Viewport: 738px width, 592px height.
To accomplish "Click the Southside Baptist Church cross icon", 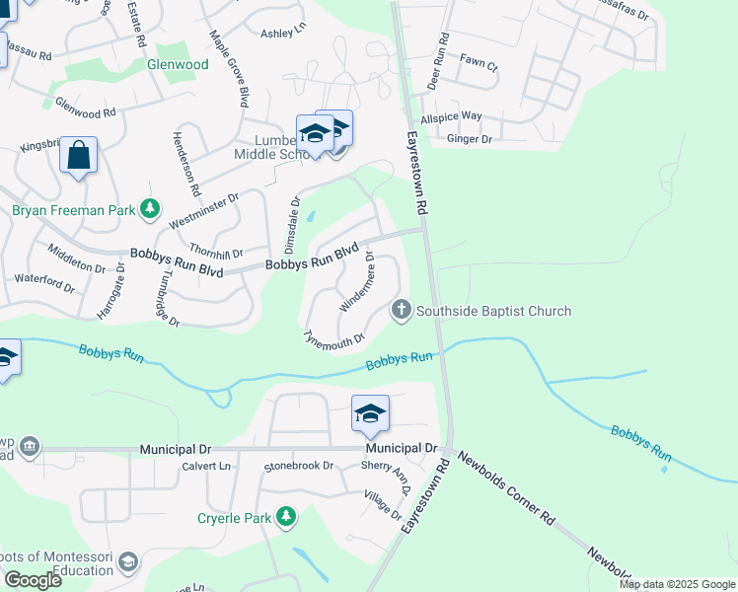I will [401, 311].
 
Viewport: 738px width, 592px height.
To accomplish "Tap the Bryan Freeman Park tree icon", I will [150, 209].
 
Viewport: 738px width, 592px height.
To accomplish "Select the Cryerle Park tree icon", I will [286, 516].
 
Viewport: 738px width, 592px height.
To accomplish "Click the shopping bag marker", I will [78, 156].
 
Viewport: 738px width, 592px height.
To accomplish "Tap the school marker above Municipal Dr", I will [370, 414].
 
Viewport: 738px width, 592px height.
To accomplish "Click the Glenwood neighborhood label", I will [178, 64].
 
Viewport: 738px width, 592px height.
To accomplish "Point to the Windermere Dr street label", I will [356, 282].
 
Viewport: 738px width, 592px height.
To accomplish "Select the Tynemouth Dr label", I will [333, 337].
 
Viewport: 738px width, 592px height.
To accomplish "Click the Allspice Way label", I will [451, 116].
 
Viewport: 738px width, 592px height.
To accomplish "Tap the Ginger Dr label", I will [469, 139].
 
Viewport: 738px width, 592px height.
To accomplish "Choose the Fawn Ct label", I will [479, 62].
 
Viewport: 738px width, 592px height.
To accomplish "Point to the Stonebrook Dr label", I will [299, 466].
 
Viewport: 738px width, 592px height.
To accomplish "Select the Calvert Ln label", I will [205, 466].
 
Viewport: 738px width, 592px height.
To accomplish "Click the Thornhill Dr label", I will [216, 254].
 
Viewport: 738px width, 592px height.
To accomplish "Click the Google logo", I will [33, 580].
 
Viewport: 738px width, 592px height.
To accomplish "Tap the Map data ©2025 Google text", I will [677, 584].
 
